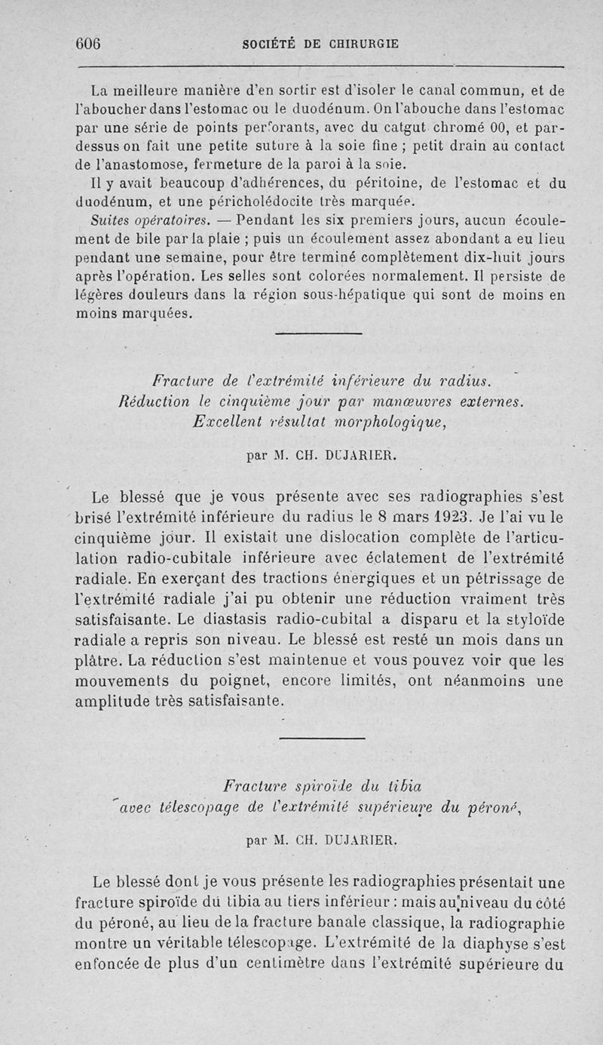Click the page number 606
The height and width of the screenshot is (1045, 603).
[89, 43]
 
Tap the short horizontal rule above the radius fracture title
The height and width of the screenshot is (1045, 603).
[319, 334]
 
